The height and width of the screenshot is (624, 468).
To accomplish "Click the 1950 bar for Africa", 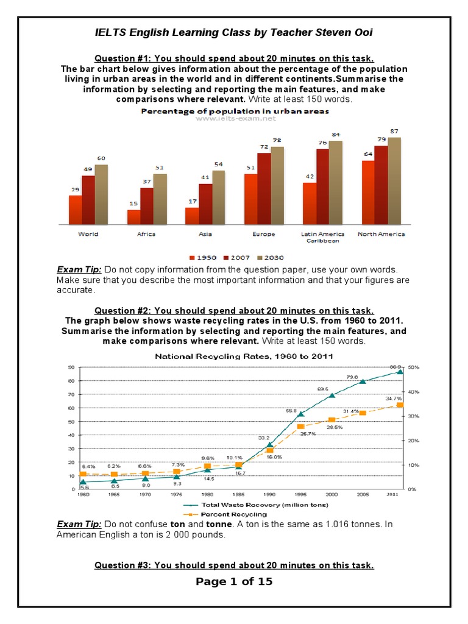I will pyautogui.click(x=133, y=218).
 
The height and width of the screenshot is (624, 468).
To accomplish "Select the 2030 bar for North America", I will pyautogui.click(x=394, y=181).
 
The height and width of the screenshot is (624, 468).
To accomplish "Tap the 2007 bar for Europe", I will pyautogui.click(x=264, y=189).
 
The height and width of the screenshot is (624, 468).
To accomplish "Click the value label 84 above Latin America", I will pyautogui.click(x=336, y=135).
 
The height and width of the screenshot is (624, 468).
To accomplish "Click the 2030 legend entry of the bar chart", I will pyautogui.click(x=270, y=257).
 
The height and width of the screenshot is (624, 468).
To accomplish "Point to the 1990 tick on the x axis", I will pyautogui.click(x=268, y=494).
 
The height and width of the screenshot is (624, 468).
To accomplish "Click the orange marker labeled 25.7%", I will pyautogui.click(x=300, y=426).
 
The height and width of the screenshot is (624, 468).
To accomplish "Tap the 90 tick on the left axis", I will pyautogui.click(x=71, y=367).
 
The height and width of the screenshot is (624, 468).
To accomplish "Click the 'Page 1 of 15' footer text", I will pyautogui.click(x=234, y=581).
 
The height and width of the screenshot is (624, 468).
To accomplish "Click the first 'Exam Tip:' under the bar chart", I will pyautogui.click(x=79, y=269).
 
